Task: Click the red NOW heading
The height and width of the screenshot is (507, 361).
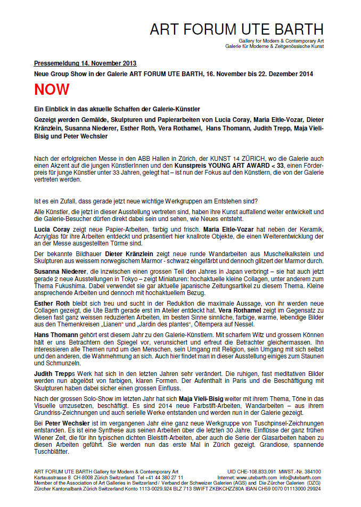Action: point(52,89)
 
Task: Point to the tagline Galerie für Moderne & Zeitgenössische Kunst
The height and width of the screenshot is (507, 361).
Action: point(274,47)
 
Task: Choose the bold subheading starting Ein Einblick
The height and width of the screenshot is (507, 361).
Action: point(109,109)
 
